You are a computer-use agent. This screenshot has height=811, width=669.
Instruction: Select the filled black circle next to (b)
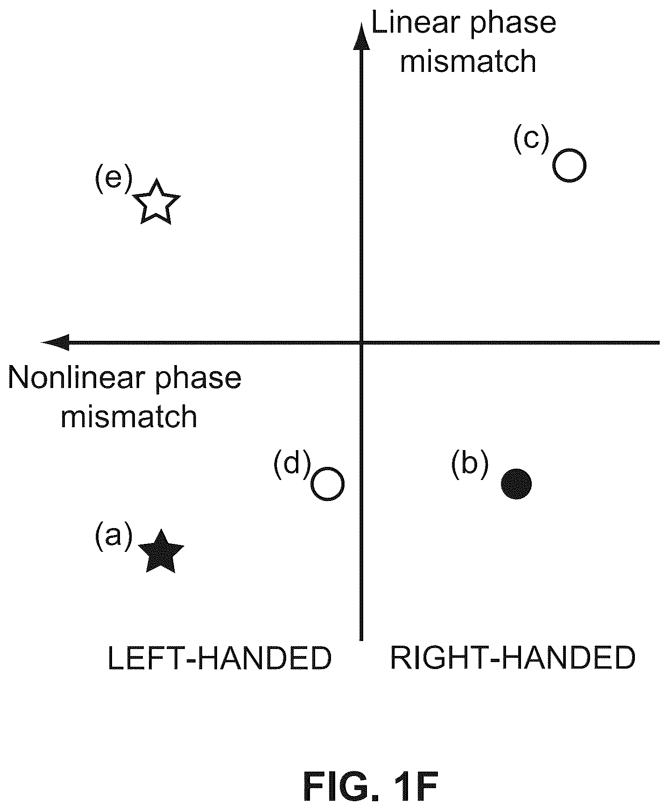coord(516,484)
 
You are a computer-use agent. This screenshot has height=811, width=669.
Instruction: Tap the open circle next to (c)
coord(570,165)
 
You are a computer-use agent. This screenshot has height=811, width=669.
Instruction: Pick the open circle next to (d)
coord(328,484)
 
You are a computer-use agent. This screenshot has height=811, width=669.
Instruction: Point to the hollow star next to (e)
coord(157,202)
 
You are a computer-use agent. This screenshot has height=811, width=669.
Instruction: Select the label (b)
coord(470,465)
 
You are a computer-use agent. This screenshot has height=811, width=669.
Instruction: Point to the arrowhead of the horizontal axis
coord(56,342)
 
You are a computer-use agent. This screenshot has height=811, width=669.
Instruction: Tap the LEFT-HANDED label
coord(219,658)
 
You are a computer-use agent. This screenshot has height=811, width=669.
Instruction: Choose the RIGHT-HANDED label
coord(513,658)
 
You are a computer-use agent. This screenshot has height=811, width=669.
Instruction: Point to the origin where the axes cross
coord(361,343)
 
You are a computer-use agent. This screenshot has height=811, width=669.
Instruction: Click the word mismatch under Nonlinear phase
coord(129,416)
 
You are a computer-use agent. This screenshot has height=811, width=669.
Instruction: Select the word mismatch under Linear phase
coord(468,61)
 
